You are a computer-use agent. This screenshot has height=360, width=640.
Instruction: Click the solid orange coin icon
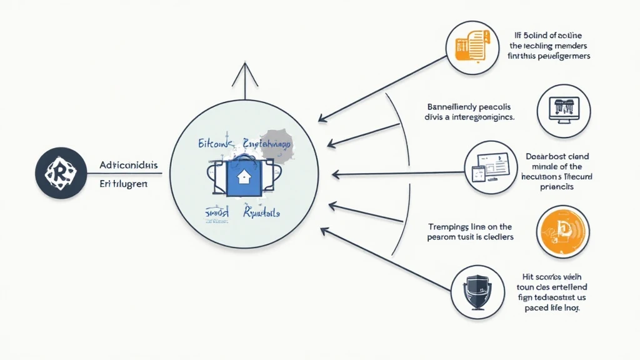click(561, 234)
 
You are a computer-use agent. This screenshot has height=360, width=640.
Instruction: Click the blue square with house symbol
click(241, 177)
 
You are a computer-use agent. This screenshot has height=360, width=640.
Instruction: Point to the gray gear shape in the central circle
click(275, 144)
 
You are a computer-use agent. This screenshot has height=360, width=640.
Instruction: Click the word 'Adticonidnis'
click(129, 166)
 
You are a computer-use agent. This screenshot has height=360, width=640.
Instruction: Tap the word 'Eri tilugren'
click(123, 185)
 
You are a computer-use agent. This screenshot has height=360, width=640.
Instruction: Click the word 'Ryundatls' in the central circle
click(262, 212)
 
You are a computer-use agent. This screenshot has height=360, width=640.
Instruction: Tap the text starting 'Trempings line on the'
click(471, 232)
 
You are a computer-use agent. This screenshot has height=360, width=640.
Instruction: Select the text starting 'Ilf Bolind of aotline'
click(549, 46)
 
